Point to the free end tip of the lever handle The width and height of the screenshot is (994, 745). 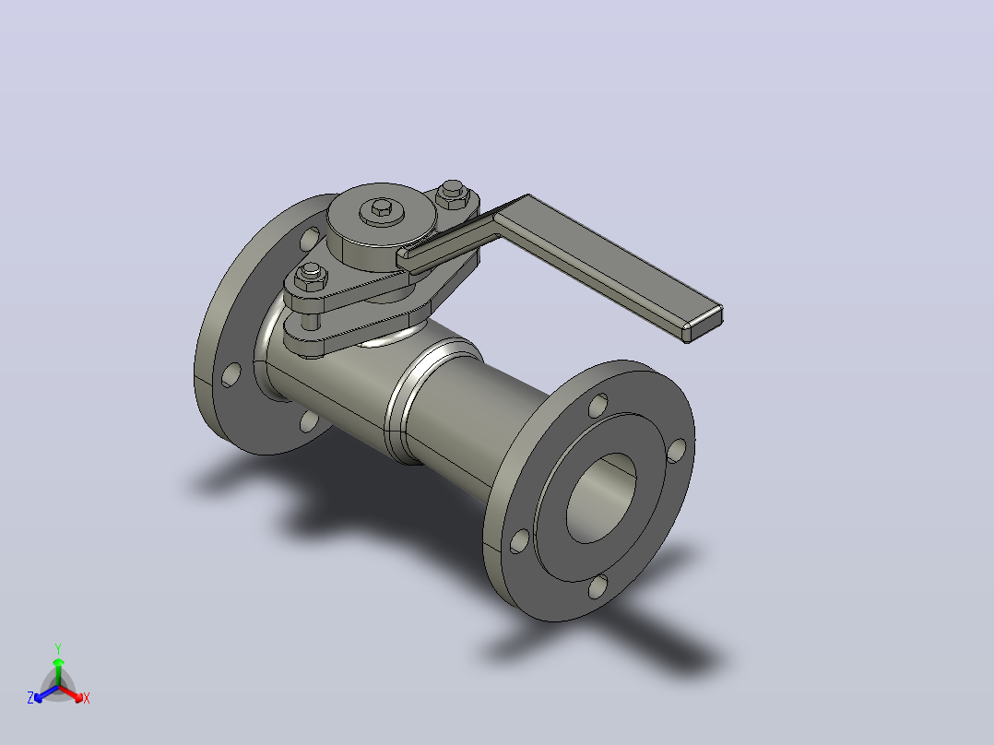(704, 324)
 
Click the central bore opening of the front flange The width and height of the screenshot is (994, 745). (601, 498)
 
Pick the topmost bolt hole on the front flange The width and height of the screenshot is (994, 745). (598, 405)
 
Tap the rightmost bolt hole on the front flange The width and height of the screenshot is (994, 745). (677, 450)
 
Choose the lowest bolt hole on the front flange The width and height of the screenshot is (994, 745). (598, 586)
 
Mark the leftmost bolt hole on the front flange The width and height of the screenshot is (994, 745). (519, 541)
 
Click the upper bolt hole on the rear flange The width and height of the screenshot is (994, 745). (310, 239)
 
